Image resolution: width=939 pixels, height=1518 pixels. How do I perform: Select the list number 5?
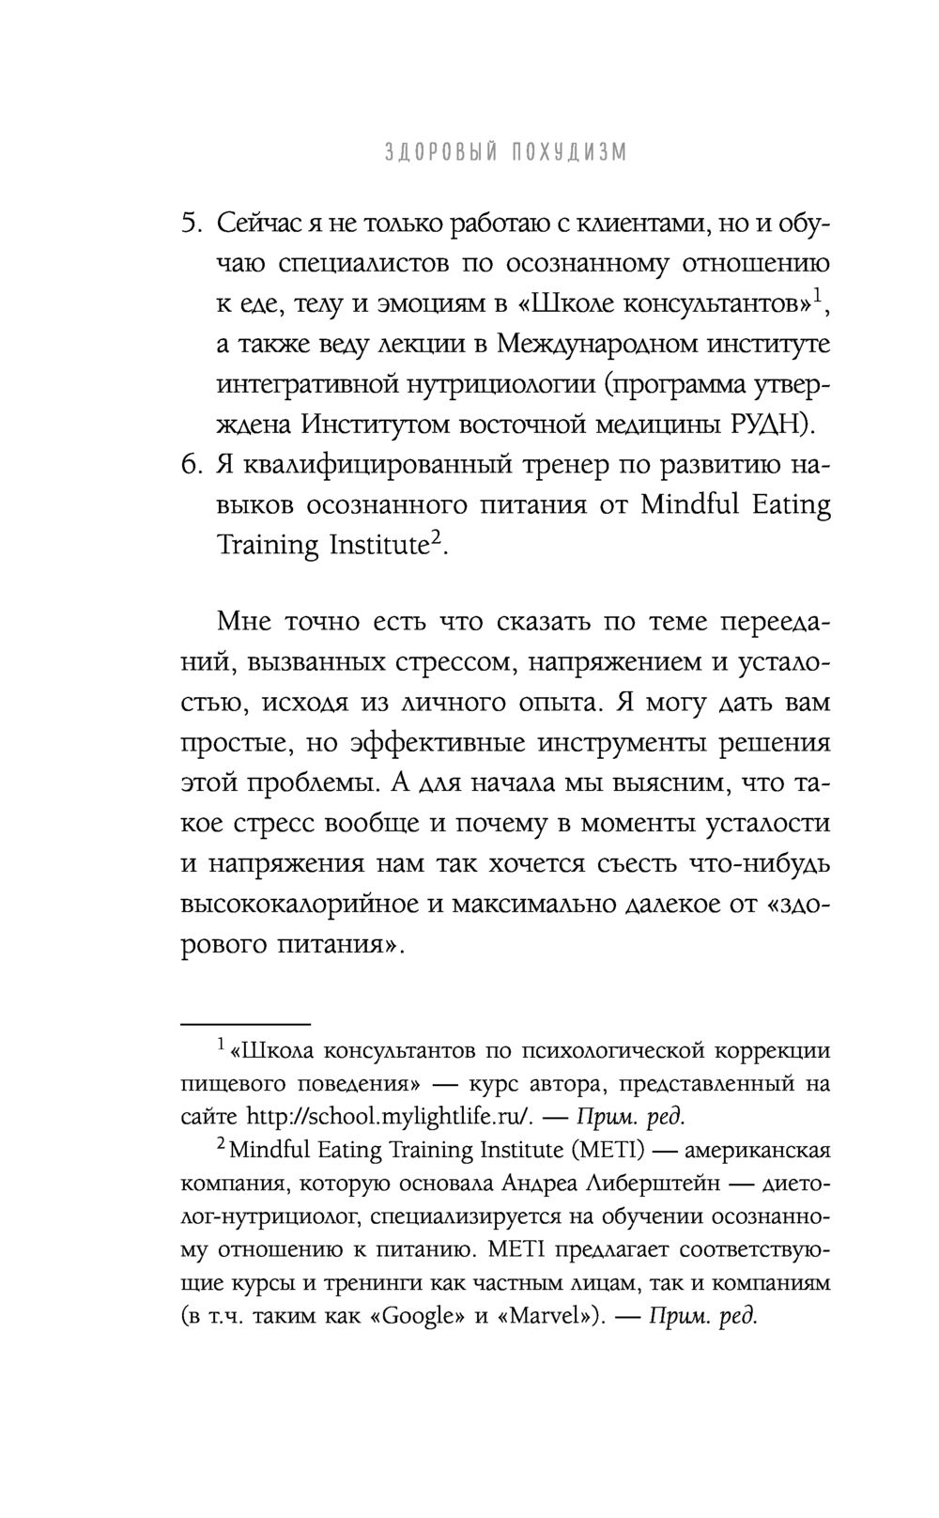192,224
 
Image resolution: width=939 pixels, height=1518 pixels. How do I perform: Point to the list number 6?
192,465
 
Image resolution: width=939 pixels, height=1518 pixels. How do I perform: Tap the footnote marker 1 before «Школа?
220,1044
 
